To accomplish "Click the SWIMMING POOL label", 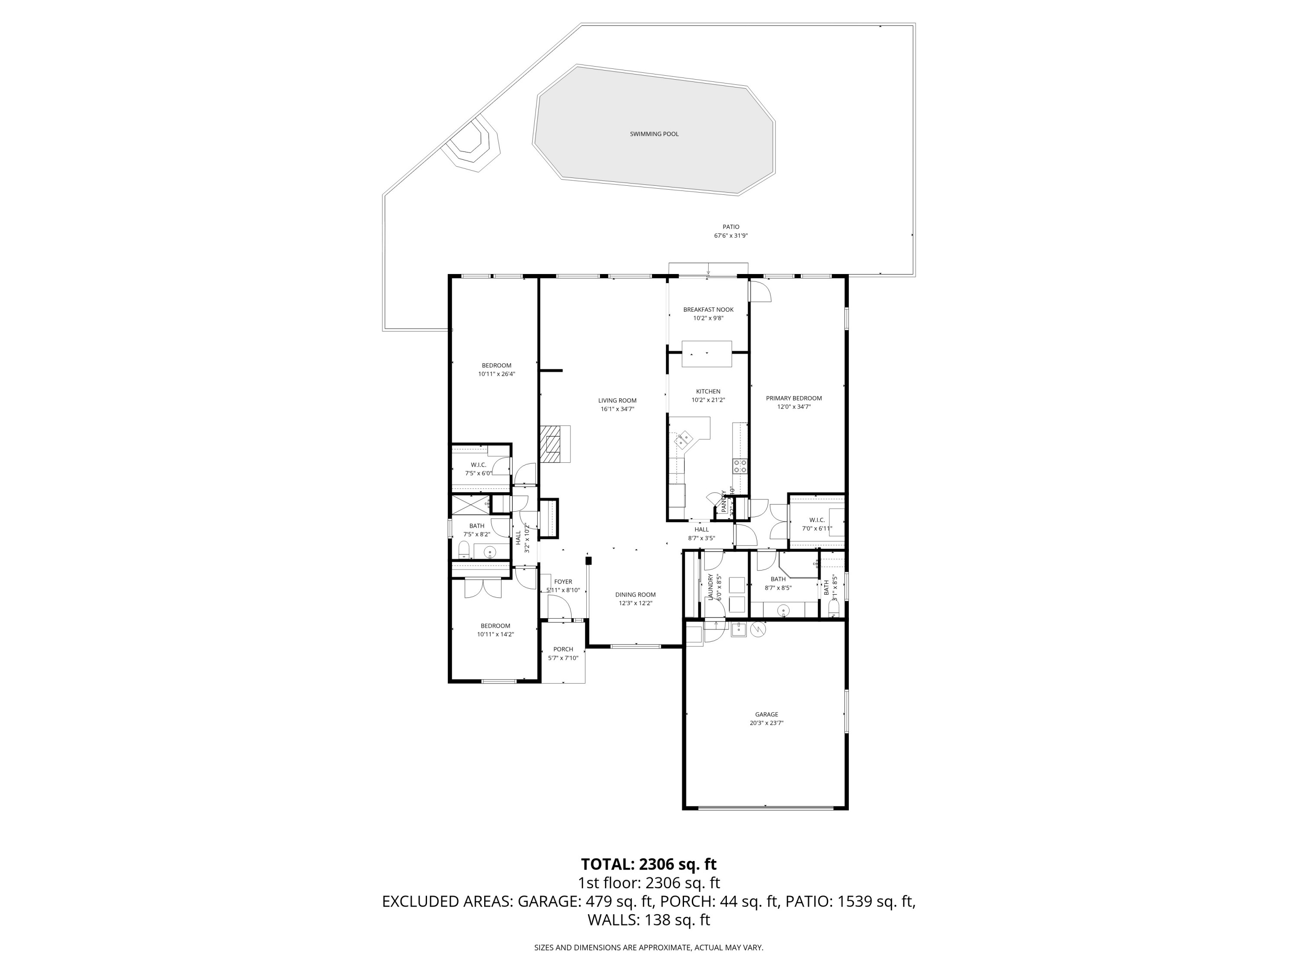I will click(x=654, y=134).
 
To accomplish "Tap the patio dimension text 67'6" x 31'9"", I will click(x=731, y=236).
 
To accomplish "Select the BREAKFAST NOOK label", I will click(x=708, y=310).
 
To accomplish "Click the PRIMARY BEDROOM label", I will click(x=794, y=398).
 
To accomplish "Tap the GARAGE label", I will click(x=766, y=715).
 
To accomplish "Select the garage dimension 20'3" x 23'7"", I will click(x=766, y=723).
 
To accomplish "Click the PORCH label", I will click(x=563, y=649).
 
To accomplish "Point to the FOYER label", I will click(x=563, y=582).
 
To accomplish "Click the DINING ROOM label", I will click(x=635, y=595).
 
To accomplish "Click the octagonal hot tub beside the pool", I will click(x=469, y=142).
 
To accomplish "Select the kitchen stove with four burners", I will click(x=740, y=466).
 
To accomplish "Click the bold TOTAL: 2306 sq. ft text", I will click(x=649, y=864).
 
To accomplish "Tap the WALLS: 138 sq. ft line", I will click(x=649, y=920).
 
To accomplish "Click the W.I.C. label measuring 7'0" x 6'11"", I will click(x=817, y=520).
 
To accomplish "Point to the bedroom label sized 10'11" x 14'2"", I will click(x=495, y=626).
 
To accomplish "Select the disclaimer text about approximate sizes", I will click(x=649, y=948).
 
